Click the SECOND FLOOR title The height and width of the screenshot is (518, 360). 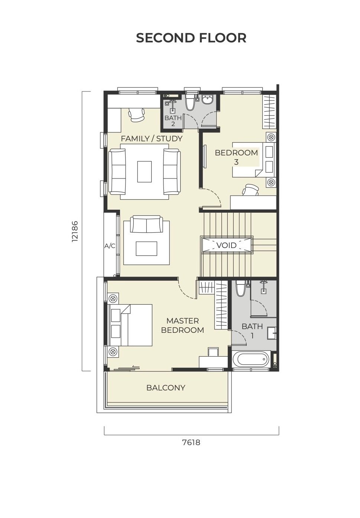[191, 38]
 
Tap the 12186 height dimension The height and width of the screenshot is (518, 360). [75, 231]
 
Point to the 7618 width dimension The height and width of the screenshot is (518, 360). [191, 443]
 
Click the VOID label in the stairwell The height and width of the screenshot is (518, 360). [226, 245]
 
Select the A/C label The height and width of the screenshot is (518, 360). [110, 246]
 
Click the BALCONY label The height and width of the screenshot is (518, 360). [166, 387]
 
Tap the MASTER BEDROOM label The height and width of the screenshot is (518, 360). [182, 325]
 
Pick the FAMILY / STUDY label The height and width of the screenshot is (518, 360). [152, 139]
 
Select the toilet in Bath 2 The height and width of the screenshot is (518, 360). [190, 102]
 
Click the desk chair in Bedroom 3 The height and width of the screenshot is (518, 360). [251, 190]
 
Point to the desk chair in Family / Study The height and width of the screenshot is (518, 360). [136, 115]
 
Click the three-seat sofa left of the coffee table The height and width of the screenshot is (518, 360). [117, 171]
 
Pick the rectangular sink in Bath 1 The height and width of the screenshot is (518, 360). [272, 333]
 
